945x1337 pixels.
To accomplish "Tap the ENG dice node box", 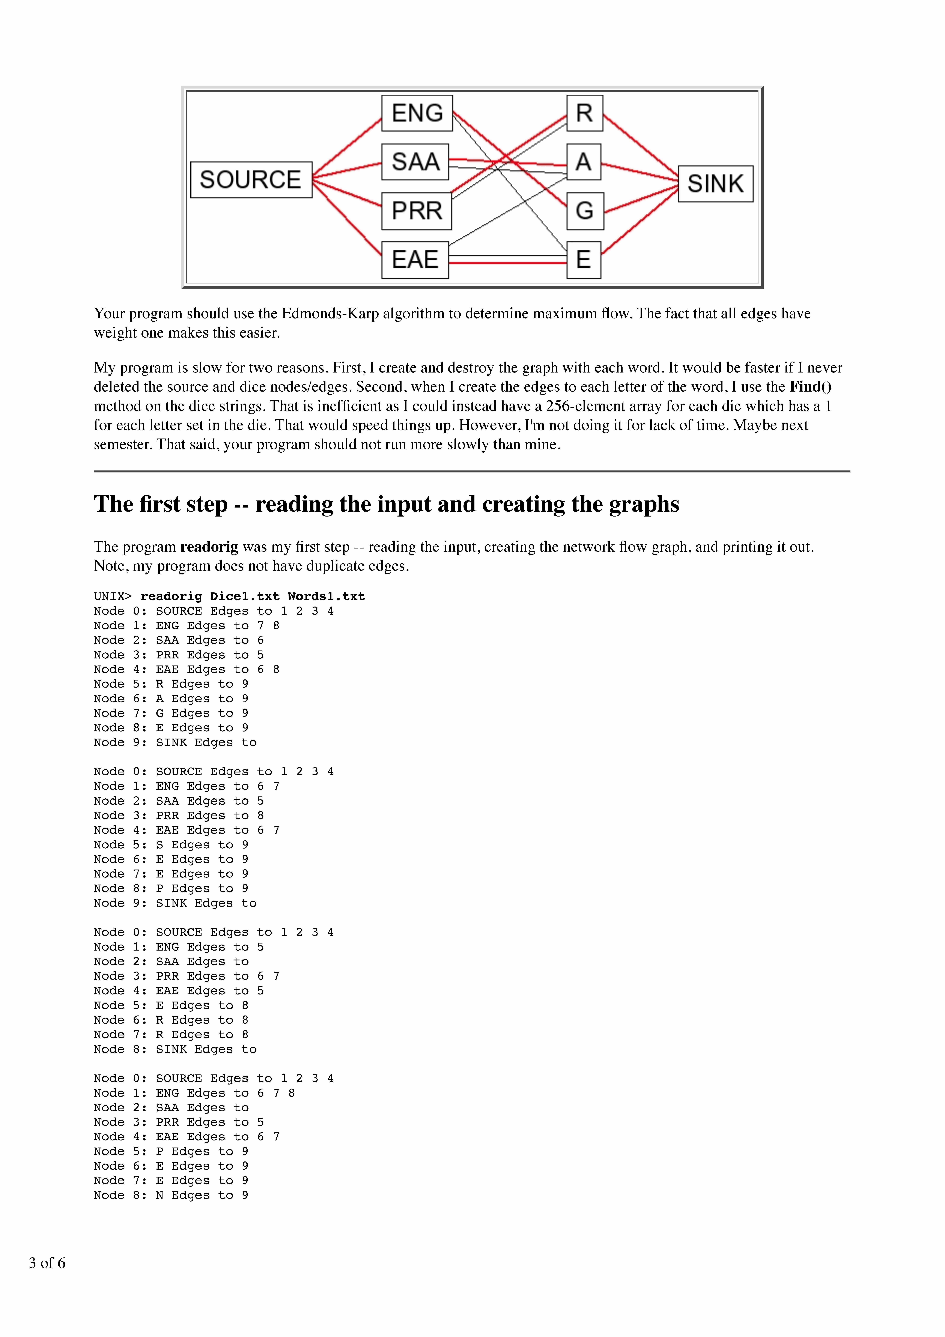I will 417,113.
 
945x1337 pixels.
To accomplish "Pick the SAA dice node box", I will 415,162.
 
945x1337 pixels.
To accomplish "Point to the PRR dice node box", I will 416,210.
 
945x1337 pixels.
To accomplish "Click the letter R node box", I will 584,113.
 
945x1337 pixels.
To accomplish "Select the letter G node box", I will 584,210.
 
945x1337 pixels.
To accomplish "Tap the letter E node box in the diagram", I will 583,260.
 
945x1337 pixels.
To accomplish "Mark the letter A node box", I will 583,162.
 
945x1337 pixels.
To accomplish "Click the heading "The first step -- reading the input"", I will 386,504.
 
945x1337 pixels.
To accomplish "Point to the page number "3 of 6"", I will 47,1262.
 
